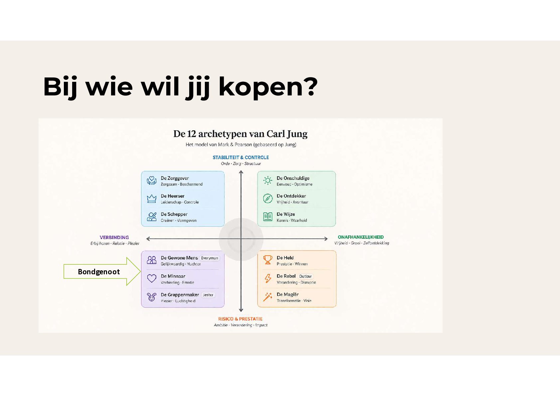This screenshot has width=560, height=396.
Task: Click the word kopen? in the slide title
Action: click(268, 87)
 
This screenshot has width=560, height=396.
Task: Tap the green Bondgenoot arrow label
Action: click(99, 272)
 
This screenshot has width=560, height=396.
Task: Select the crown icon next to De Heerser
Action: click(152, 198)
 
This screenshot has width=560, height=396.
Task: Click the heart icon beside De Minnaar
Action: click(152, 278)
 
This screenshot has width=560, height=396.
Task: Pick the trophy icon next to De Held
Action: click(268, 260)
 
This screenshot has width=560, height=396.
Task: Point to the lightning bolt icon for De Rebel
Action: click(268, 278)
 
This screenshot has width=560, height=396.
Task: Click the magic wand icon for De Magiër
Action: click(268, 297)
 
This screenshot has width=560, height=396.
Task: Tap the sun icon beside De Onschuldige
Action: click(268, 181)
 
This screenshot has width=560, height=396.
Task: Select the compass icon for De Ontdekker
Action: click(268, 198)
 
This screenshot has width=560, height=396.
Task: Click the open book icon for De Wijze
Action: click(268, 217)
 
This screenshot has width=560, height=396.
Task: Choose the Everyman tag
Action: click(210, 258)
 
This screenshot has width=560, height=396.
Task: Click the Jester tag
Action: click(208, 295)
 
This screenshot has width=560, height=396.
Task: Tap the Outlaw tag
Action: click(305, 276)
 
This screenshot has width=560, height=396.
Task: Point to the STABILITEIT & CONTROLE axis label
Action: click(241, 157)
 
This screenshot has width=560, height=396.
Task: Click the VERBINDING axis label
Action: click(114, 237)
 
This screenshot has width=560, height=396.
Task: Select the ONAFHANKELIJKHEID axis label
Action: click(361, 237)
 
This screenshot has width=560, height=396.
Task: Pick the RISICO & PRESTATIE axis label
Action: click(240, 319)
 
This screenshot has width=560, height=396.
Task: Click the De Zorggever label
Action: click(175, 178)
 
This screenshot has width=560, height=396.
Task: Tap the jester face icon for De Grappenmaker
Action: click(152, 297)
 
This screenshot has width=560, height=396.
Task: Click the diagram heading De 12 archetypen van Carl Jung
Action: click(240, 134)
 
